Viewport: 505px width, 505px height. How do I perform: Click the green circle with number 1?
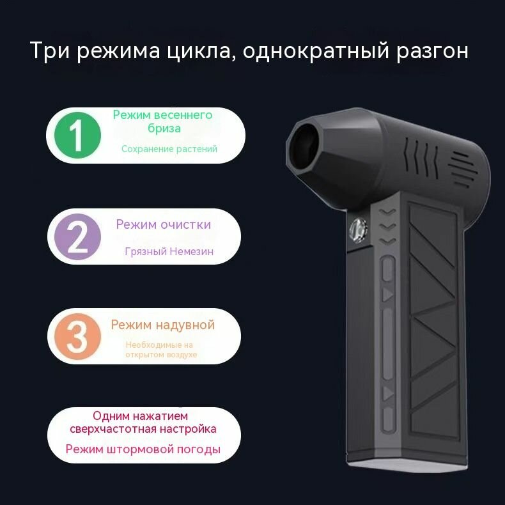click(76, 135)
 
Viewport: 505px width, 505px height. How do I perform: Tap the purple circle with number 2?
click(76, 237)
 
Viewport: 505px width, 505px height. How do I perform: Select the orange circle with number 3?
click(77, 336)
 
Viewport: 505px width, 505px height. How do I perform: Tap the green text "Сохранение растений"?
click(169, 149)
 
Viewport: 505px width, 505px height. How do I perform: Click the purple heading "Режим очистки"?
click(163, 224)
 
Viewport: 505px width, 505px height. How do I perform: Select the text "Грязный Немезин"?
click(169, 251)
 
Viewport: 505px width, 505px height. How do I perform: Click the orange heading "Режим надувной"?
click(162, 325)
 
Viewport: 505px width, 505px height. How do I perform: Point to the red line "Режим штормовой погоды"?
click(143, 449)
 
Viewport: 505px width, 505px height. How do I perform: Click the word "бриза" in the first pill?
click(163, 128)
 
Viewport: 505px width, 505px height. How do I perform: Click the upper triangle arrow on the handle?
click(387, 295)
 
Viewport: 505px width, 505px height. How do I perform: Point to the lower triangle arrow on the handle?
click(387, 392)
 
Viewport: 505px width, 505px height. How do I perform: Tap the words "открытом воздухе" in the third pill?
click(161, 355)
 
